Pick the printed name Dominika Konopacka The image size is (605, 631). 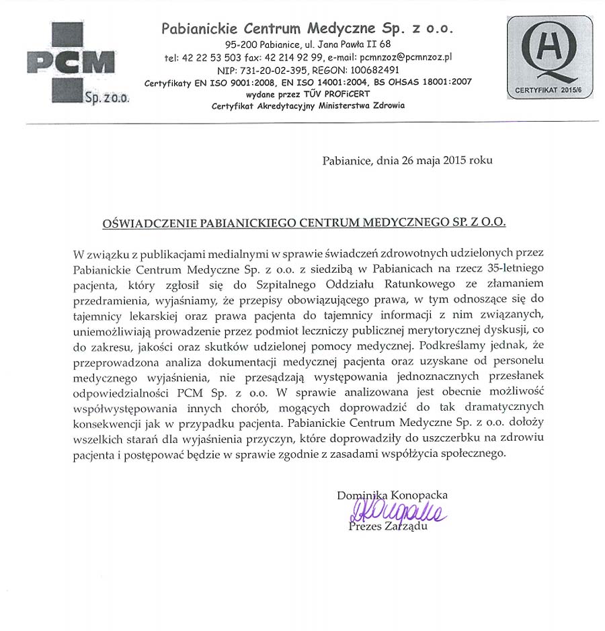click(393, 495)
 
